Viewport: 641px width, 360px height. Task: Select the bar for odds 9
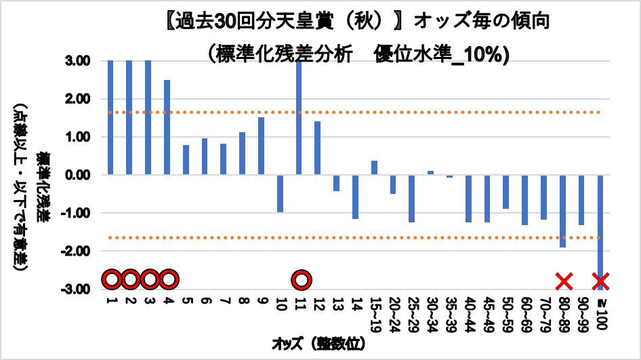point(261,146)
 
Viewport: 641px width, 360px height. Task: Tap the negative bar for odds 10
point(280,193)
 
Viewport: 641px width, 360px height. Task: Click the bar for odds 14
point(355,197)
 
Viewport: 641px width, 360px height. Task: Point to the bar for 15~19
point(374,167)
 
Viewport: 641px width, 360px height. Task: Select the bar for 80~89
point(562,211)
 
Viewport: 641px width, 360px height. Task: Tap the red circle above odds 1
point(111,279)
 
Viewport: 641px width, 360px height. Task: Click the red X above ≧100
point(600,279)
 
